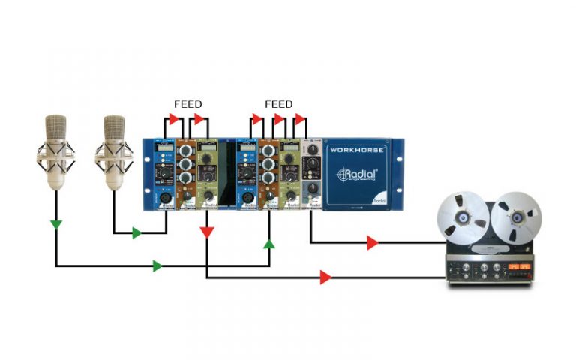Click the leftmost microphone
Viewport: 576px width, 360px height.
pyautogui.click(x=56, y=149)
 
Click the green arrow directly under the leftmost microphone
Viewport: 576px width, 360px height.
pyautogui.click(x=56, y=223)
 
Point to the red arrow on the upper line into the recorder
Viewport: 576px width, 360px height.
pyautogui.click(x=372, y=242)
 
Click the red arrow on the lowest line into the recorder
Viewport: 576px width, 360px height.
pyautogui.click(x=325, y=277)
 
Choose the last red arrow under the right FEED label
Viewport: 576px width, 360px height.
pyautogui.click(x=301, y=119)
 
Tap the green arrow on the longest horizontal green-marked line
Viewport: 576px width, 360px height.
pyautogui.click(x=157, y=265)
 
